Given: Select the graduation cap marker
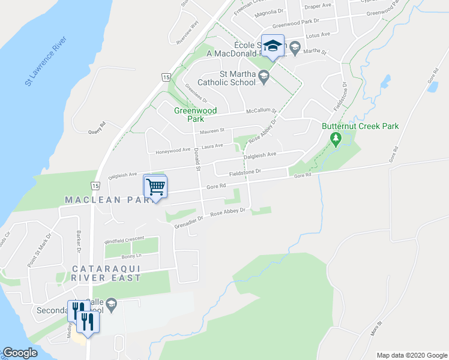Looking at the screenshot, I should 273,47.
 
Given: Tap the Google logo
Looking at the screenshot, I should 20,353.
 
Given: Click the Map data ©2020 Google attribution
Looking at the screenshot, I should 411,355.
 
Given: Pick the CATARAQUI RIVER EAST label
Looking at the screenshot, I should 107,272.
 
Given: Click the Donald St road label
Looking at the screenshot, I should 197,159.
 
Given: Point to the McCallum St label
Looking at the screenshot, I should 261,112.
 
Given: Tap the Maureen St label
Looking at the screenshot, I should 212,130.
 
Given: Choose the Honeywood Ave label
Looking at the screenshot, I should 173,150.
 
